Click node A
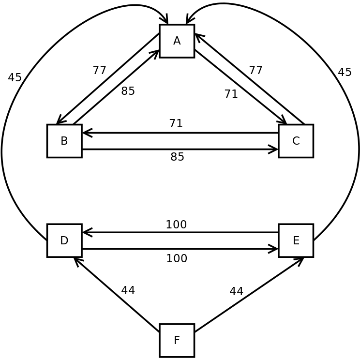(x=177, y=41)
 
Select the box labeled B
(x=64, y=141)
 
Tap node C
(x=296, y=141)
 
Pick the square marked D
(x=64, y=240)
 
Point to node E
(x=296, y=240)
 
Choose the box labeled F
(x=177, y=340)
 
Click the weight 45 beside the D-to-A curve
(x=15, y=77)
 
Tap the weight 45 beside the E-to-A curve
(x=345, y=72)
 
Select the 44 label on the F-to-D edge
(x=128, y=290)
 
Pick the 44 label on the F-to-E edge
(x=236, y=291)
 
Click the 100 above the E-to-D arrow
(x=176, y=225)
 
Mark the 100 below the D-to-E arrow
(x=177, y=258)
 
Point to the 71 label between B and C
(x=176, y=123)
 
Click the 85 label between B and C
(x=177, y=157)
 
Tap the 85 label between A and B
(x=128, y=91)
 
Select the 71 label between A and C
(x=231, y=94)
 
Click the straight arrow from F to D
(x=117, y=294)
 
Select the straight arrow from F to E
(x=248, y=294)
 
